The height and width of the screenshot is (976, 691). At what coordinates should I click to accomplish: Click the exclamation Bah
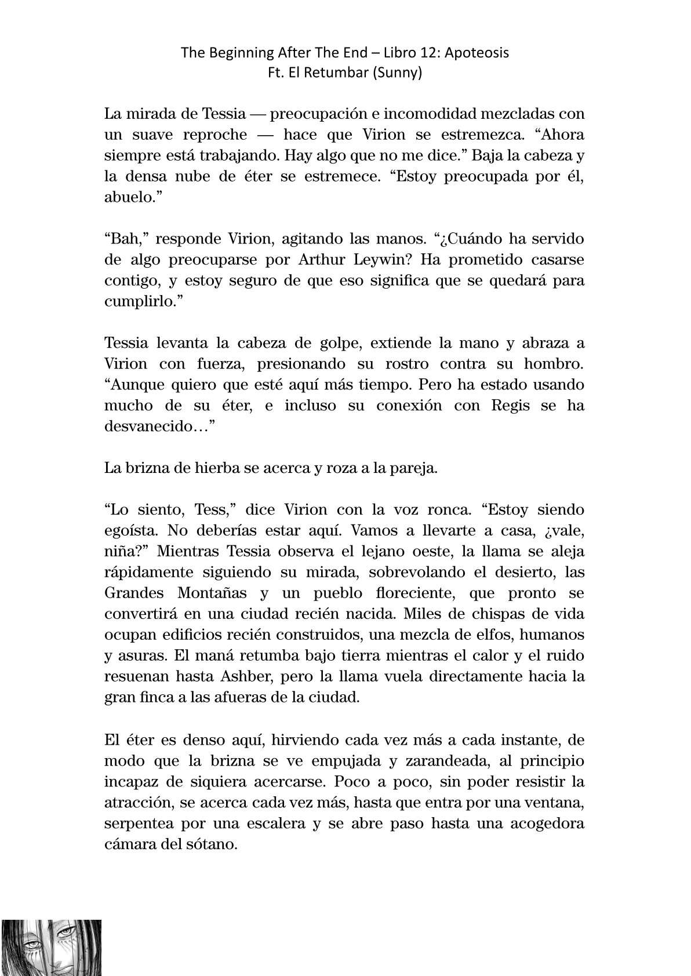click(x=122, y=239)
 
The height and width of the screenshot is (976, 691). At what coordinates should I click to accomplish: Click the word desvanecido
click(x=153, y=427)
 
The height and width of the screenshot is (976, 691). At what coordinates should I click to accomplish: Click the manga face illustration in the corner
click(x=51, y=947)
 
